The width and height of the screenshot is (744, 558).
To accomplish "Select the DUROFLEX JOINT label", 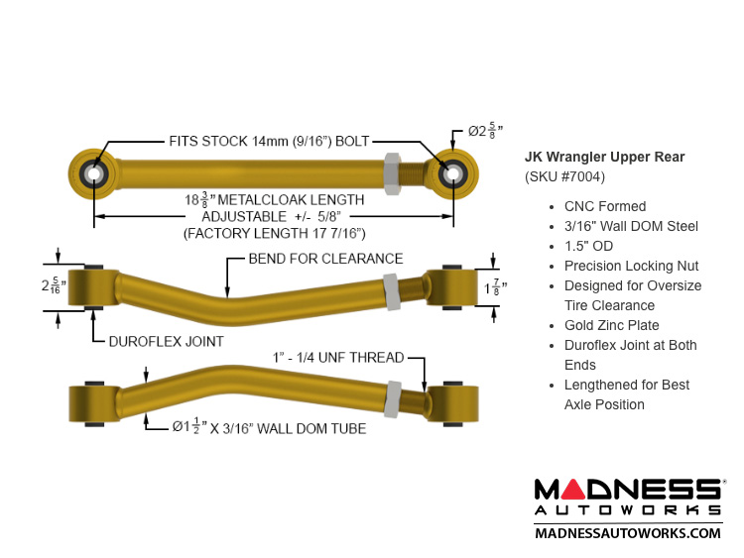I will (x=165, y=341).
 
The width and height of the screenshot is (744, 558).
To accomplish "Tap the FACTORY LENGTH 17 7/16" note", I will (x=275, y=232).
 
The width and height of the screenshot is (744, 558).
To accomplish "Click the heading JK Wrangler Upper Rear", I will (x=604, y=157).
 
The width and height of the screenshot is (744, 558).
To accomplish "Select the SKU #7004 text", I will (x=564, y=176).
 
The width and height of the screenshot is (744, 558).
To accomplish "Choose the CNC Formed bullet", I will (x=604, y=206).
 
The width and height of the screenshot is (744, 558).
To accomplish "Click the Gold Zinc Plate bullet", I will (x=611, y=325).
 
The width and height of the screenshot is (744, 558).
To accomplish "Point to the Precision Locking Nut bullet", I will (x=631, y=266).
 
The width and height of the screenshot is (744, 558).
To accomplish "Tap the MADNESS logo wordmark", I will (x=628, y=490).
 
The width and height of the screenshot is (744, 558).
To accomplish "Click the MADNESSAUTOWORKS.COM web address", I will (x=628, y=533).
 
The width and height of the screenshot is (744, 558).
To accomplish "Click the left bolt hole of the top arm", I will (x=95, y=173).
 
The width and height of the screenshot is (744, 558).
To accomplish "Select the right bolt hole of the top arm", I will (x=453, y=173).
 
